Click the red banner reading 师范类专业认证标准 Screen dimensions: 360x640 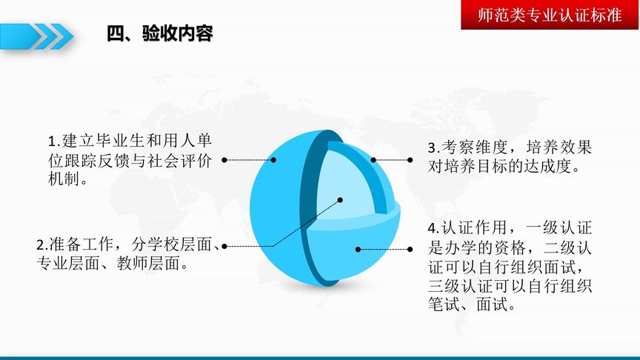pos(550,16)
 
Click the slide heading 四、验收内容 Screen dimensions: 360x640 pos(160,34)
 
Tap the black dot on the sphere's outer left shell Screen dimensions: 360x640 pos(273,159)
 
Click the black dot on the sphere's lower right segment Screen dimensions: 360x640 pos(358,250)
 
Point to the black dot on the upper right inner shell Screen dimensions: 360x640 pos(374,159)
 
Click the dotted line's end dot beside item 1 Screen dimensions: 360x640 pos(224,159)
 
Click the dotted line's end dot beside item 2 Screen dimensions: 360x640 pos(224,245)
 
